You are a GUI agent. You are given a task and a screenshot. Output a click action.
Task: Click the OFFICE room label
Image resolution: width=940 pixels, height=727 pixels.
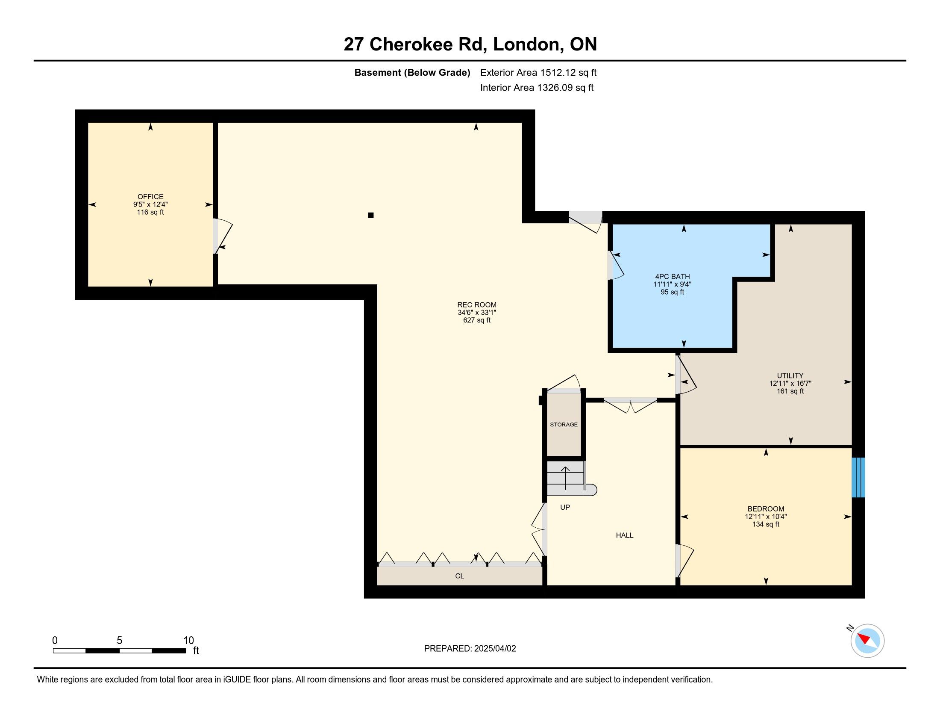click(x=150, y=196)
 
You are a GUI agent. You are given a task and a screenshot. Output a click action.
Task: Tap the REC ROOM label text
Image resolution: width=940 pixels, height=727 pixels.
click(x=476, y=304)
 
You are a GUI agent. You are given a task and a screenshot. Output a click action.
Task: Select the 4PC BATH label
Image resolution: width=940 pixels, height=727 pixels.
click(x=672, y=277)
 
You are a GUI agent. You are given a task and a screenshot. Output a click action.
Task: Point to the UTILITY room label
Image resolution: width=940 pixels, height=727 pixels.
click(x=790, y=375)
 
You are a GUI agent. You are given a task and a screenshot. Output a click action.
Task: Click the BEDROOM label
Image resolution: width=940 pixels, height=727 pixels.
click(x=766, y=508)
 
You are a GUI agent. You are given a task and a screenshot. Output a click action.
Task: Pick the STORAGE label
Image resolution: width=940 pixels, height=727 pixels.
click(x=564, y=425)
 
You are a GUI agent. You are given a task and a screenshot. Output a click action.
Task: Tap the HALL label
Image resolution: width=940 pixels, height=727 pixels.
click(x=625, y=535)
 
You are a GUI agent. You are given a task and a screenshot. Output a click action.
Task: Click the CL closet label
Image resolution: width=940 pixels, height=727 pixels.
click(x=460, y=576)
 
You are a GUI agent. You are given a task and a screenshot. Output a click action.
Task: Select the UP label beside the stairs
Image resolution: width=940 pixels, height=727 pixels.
click(x=565, y=507)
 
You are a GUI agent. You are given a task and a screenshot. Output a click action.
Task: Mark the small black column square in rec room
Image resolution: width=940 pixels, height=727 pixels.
click(x=370, y=216)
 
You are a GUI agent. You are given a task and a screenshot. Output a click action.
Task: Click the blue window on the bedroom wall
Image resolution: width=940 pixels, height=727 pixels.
click(x=858, y=478)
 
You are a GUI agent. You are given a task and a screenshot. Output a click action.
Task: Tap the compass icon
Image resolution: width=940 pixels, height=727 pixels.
click(x=867, y=641)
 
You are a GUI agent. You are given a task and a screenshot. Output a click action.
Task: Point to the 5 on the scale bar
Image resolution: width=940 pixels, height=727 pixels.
click(x=119, y=641)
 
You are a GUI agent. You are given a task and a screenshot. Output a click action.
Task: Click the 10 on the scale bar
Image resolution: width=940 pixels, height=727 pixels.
click(x=188, y=641)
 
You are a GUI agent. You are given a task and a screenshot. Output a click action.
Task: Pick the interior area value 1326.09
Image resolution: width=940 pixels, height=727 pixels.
click(x=555, y=88)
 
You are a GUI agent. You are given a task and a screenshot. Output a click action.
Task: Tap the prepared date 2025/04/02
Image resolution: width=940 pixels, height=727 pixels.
click(x=495, y=649)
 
